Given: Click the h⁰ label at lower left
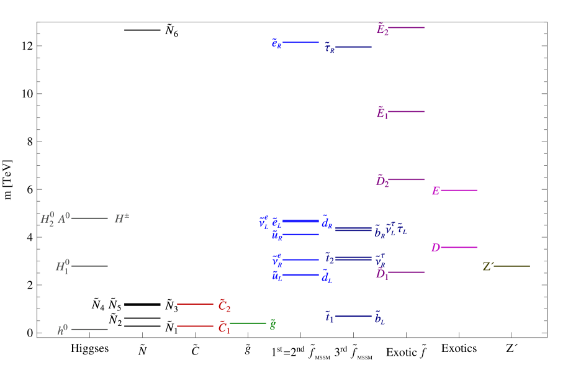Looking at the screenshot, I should [x=63, y=330].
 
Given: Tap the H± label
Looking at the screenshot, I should [x=122, y=219].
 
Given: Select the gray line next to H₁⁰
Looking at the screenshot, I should [x=89, y=266].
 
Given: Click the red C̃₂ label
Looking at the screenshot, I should [x=224, y=306].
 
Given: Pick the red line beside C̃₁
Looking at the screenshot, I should [x=195, y=326].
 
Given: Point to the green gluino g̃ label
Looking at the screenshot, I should [x=273, y=323].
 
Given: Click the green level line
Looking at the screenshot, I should [x=248, y=323].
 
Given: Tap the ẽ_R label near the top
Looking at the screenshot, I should [x=277, y=43].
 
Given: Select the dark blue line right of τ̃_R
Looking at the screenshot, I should [x=353, y=47].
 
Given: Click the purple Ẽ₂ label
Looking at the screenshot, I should [x=382, y=29].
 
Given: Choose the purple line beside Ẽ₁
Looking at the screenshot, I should [x=406, y=112].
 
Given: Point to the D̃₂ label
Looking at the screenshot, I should [x=382, y=181].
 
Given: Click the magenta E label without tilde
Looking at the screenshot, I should [x=436, y=191].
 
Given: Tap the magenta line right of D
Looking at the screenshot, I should [x=459, y=247].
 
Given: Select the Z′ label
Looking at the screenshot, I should [x=488, y=267].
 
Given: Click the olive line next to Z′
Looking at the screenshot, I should [x=512, y=266].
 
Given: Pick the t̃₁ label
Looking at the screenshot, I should [x=329, y=317].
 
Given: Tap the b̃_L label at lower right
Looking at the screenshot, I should [x=379, y=319].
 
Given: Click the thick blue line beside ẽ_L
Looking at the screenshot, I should [x=300, y=221].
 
